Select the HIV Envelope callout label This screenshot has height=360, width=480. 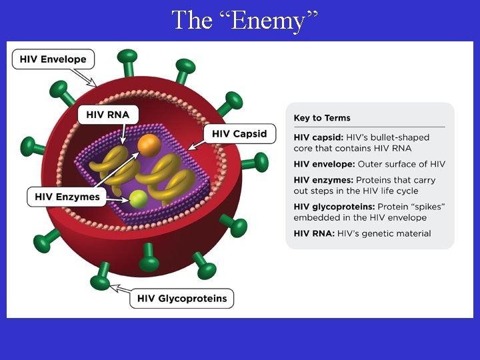(53, 59)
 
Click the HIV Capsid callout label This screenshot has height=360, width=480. (239, 133)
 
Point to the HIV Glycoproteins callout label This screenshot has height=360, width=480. (182, 298)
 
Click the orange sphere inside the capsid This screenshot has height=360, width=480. (149, 145)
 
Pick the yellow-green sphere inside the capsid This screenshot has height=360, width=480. (139, 198)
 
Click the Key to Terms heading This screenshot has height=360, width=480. (322, 118)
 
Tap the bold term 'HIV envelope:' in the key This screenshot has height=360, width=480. (324, 164)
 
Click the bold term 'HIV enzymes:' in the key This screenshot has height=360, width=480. (323, 180)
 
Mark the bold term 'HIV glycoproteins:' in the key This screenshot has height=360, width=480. (334, 207)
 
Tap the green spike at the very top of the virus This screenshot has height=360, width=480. (127, 59)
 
